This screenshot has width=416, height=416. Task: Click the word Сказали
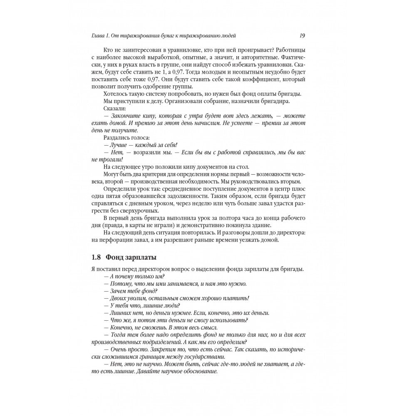[112, 109]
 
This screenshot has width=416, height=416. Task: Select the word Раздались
[115, 138]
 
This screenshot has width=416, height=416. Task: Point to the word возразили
[147, 153]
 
